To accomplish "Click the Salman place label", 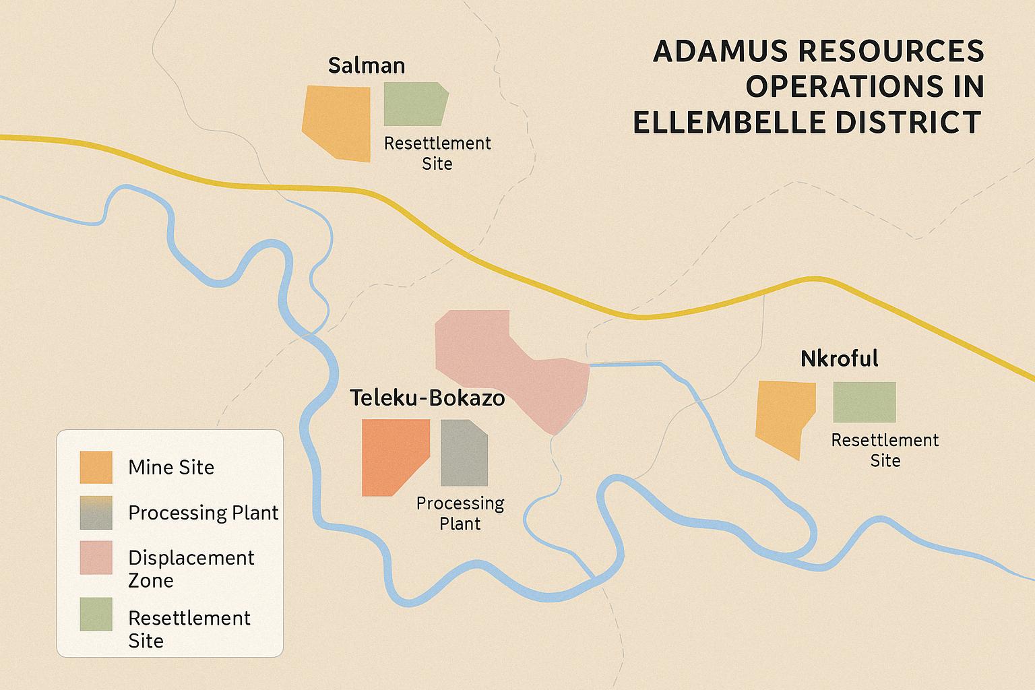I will click(x=367, y=65).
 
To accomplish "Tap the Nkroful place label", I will click(x=839, y=358).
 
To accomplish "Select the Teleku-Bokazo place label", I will click(x=427, y=398).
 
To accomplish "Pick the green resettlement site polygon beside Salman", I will click(x=414, y=104).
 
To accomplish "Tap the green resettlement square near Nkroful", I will click(x=865, y=402).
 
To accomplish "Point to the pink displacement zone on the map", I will click(x=512, y=364).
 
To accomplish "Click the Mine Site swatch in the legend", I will click(x=96, y=467).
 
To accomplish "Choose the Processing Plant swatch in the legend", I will click(x=96, y=513).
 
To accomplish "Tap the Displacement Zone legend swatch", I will click(x=96, y=557).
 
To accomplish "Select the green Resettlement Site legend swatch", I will click(x=96, y=614).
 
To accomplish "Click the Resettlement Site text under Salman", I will click(x=437, y=154).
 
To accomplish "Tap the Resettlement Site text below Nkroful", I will click(x=885, y=450).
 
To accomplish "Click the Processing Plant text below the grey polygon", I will click(x=460, y=513).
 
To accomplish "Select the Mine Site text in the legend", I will click(x=171, y=467).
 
